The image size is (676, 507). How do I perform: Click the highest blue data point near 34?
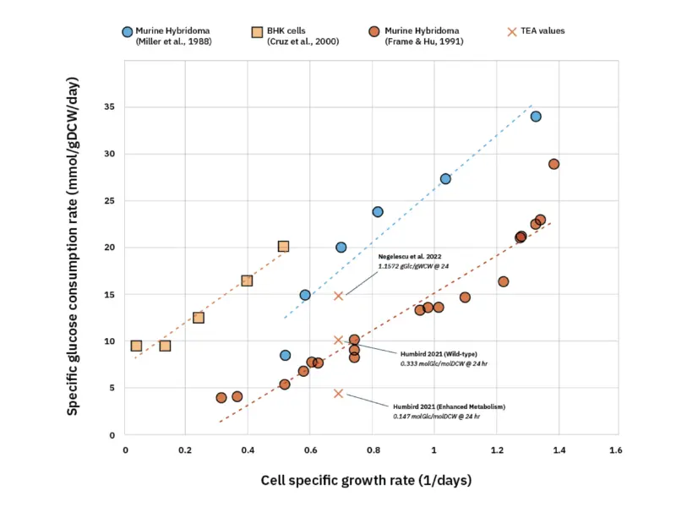pyautogui.click(x=536, y=117)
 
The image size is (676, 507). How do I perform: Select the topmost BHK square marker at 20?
pyautogui.click(x=283, y=247)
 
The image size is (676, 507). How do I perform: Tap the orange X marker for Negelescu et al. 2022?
pyautogui.click(x=338, y=296)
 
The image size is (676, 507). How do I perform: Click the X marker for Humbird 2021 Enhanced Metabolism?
pyautogui.click(x=338, y=393)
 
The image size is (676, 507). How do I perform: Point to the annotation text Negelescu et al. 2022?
pyautogui.click(x=411, y=255)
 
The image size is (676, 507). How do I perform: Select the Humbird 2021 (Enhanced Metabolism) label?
pyautogui.click(x=449, y=406)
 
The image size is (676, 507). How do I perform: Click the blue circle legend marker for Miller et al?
pyautogui.click(x=127, y=31)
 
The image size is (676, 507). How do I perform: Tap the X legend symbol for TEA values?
pyautogui.click(x=512, y=31)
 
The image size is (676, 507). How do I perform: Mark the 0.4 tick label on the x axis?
pyautogui.click(x=248, y=450)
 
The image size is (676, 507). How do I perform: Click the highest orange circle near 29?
pyautogui.click(x=553, y=164)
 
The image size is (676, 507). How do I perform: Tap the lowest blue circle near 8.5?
pyautogui.click(x=286, y=356)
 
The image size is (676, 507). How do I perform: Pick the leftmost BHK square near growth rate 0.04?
pyautogui.click(x=136, y=346)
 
